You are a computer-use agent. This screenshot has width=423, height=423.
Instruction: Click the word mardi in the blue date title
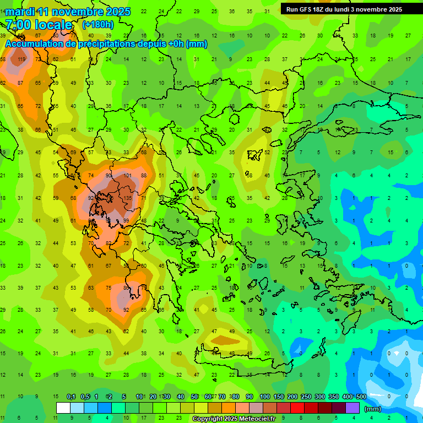pyautogui.click(x=20, y=12)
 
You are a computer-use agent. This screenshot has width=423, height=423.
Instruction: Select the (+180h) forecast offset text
pyautogui.click(x=97, y=25)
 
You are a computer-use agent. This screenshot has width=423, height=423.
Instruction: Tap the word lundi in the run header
pyautogui.click(x=351, y=9)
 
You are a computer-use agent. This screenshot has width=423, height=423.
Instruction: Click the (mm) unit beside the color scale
pyautogui.click(x=373, y=409)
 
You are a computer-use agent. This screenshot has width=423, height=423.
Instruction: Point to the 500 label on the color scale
pyautogui.click(x=361, y=397)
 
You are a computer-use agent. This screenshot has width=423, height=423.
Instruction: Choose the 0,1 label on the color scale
pyautogui.click(x=71, y=397)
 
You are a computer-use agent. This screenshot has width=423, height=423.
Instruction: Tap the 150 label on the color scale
pyautogui.click(x=279, y=397)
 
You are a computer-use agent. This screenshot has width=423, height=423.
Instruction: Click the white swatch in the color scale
pyautogui.click(x=63, y=408)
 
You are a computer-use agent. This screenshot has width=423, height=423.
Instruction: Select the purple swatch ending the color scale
pyautogui.click(x=352, y=408)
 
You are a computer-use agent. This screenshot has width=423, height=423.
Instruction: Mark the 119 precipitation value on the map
pyautogui.click(x=21, y=59)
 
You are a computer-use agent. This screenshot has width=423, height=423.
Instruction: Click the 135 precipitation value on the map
pyautogui.click(x=128, y=198)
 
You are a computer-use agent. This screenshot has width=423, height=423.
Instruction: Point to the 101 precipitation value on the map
pyautogui.click(x=128, y=176)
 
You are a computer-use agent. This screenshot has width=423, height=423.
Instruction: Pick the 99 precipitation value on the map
pyautogui.click(x=126, y=221)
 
